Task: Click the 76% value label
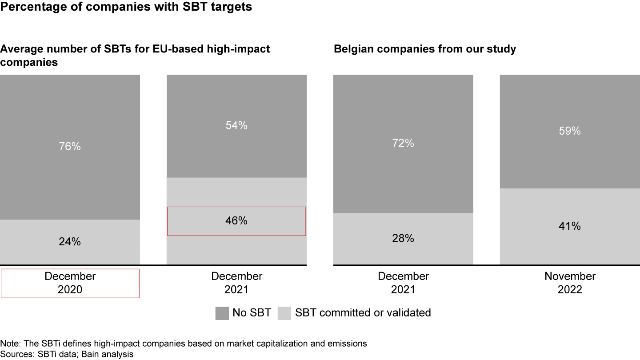pyautogui.click(x=70, y=146)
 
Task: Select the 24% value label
pyautogui.click(x=70, y=242)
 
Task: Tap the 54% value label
pyautogui.click(x=236, y=126)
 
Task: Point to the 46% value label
pyautogui.click(x=236, y=220)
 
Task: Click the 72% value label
pyautogui.click(x=403, y=143)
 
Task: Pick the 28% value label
pyautogui.click(x=403, y=238)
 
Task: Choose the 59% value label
pyautogui.click(x=570, y=131)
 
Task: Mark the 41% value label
pyautogui.click(x=570, y=226)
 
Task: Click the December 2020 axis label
pyautogui.click(x=70, y=283)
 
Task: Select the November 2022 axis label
pyautogui.click(x=570, y=283)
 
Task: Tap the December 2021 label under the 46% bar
pyautogui.click(x=236, y=283)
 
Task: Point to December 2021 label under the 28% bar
pyautogui.click(x=403, y=283)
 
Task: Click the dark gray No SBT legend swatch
pyautogui.click(x=222, y=313)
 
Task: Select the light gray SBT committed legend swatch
pyautogui.click(x=284, y=313)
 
